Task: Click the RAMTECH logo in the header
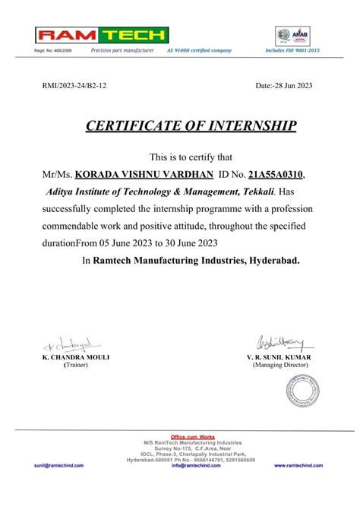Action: pos(102,34)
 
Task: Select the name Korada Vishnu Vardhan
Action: pos(150,176)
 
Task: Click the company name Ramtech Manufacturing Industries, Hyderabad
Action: pos(196,260)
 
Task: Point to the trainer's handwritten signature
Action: pos(66,344)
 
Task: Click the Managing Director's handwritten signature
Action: pos(282,344)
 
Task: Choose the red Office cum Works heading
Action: pos(194,436)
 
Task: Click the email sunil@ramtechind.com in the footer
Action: pos(58,465)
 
